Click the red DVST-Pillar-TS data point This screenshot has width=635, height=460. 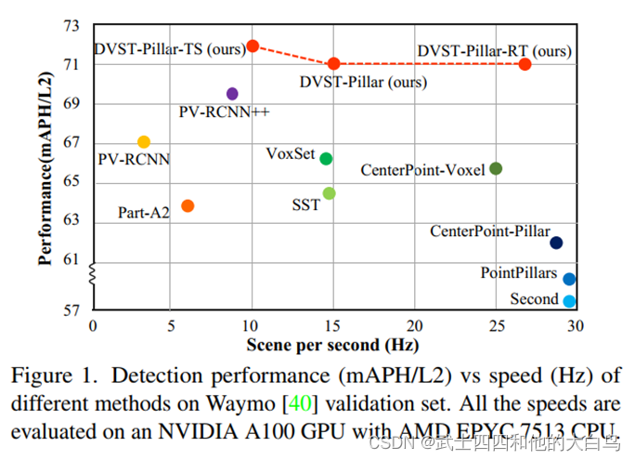(x=253, y=46)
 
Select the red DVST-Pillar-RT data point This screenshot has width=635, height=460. (x=525, y=64)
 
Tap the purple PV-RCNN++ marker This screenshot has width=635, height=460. (x=232, y=94)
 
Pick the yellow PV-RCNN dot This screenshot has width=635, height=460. (x=144, y=142)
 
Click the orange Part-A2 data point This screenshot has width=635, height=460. (x=188, y=205)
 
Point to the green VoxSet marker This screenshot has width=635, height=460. (x=326, y=159)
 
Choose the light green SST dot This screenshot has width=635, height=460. (x=329, y=193)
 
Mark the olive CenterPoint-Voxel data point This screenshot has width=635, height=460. (x=496, y=168)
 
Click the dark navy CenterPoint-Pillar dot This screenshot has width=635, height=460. (x=556, y=243)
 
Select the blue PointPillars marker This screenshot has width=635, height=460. (x=569, y=279)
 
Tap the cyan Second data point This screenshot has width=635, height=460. (x=569, y=301)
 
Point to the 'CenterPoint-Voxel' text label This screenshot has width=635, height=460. (x=422, y=171)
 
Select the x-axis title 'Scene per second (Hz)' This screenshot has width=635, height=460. (x=332, y=346)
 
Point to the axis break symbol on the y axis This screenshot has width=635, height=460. (x=91, y=276)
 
